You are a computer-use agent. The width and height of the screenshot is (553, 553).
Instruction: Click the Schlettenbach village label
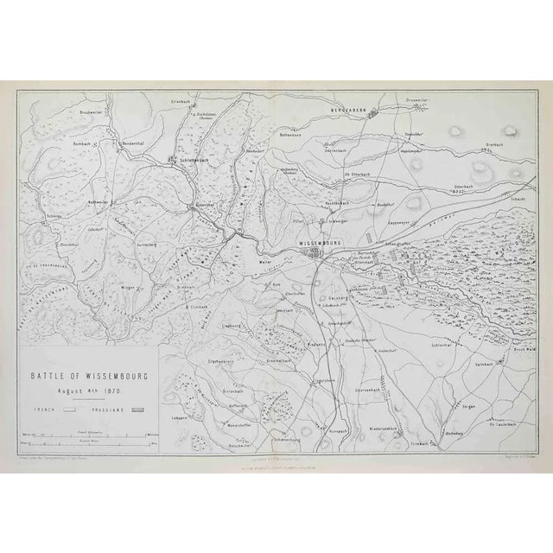(191, 159)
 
